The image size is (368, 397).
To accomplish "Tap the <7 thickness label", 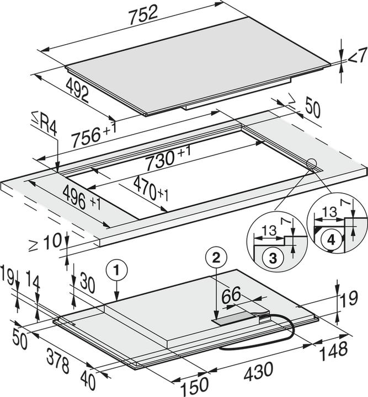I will (356, 56).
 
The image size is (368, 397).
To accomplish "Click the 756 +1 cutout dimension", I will (94, 134).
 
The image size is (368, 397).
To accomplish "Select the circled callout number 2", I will (216, 256).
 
